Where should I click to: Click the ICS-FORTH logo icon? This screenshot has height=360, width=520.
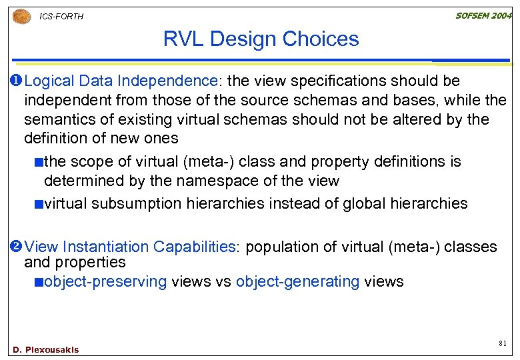point(21,16)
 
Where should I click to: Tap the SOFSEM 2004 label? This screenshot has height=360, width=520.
point(483,15)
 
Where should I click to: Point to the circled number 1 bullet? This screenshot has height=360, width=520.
point(17,81)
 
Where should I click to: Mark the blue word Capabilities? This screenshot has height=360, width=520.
point(195,247)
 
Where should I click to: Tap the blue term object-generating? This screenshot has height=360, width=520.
point(297,281)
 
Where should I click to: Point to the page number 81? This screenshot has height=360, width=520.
point(503,343)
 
